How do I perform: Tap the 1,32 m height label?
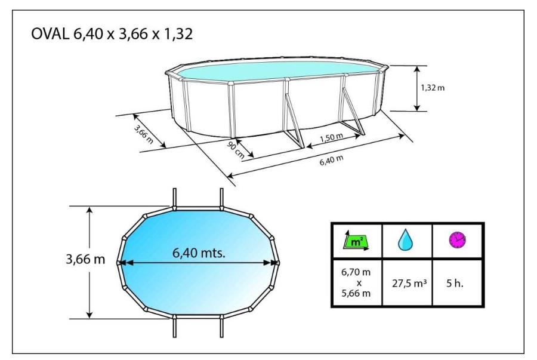tap(433, 87)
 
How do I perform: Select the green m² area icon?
tap(356, 241)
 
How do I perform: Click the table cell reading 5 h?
tap(456, 284)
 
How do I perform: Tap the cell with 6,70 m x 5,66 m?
tap(356, 284)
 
